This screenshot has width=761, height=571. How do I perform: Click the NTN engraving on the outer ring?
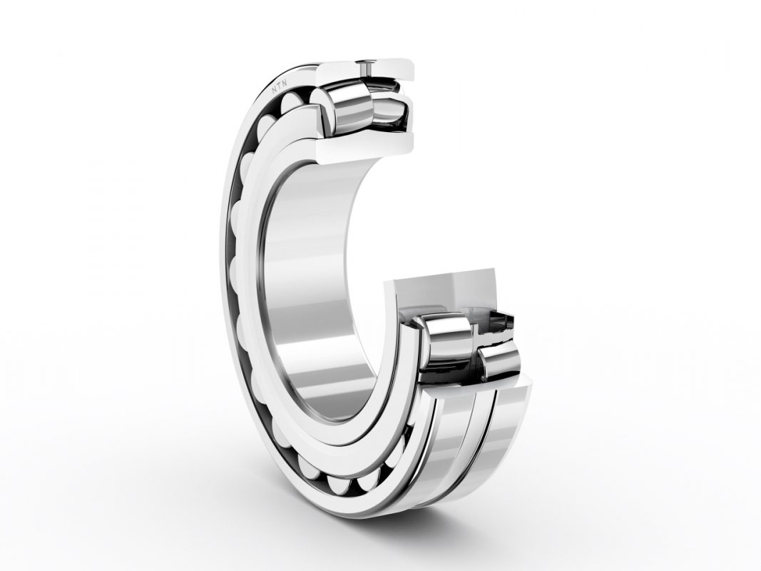click(279, 86)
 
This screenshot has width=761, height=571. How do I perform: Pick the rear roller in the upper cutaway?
click(388, 113)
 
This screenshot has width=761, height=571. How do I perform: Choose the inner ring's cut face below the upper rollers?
click(364, 146)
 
